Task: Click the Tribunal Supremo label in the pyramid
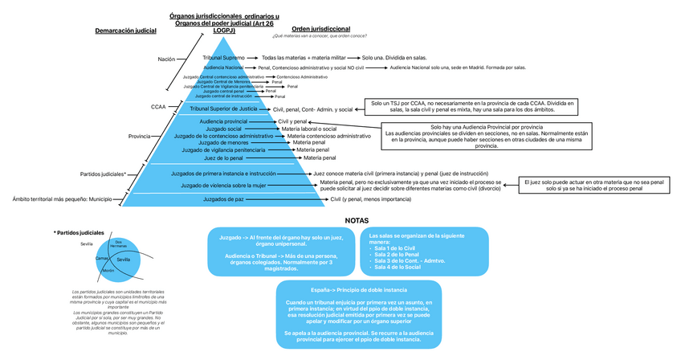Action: pos(223,58)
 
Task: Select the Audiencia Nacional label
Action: pos(224,67)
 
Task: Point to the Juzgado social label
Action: pos(223,129)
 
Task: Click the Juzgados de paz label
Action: pos(224,198)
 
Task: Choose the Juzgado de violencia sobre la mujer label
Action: pos(223,185)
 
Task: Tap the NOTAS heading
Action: pos(357,219)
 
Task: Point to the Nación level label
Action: pos(166,59)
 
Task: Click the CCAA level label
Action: pos(158,107)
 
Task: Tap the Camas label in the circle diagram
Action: pos(102,259)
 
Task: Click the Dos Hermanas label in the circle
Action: pos(119,243)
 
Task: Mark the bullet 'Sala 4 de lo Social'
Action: pos(398,267)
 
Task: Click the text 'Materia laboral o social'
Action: pos(308,129)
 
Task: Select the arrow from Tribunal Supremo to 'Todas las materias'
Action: pos(252,58)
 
